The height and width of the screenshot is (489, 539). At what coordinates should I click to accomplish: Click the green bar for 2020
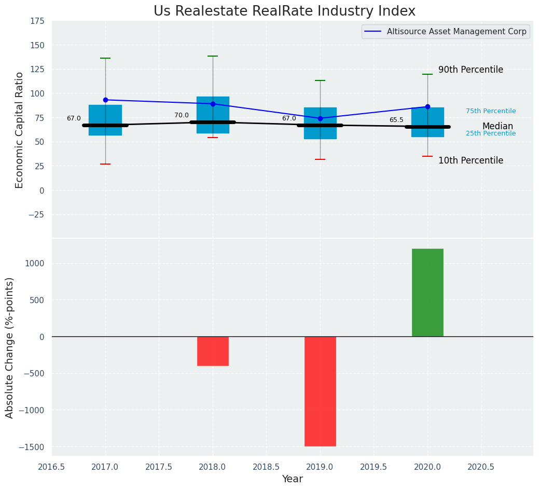pyautogui.click(x=427, y=293)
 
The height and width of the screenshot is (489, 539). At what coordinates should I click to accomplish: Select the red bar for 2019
pyautogui.click(x=320, y=391)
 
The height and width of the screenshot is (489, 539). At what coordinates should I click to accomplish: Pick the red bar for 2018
pyautogui.click(x=213, y=351)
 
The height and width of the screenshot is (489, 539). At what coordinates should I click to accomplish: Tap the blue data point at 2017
pyautogui.click(x=105, y=100)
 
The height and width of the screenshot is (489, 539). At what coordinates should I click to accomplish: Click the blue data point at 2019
pyautogui.click(x=321, y=119)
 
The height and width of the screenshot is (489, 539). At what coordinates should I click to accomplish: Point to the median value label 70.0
pyautogui.click(x=182, y=116)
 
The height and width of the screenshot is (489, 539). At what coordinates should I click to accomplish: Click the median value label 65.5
pyautogui.click(x=396, y=120)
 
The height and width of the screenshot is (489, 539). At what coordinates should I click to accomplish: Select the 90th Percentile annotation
pyautogui.click(x=471, y=70)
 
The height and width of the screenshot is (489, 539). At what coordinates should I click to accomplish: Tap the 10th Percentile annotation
pyautogui.click(x=471, y=160)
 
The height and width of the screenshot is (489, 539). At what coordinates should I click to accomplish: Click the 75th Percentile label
pyautogui.click(x=491, y=111)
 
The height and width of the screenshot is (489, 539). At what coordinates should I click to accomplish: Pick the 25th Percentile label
pyautogui.click(x=491, y=133)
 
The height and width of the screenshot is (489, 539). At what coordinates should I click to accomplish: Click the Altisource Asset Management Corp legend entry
pyautogui.click(x=446, y=32)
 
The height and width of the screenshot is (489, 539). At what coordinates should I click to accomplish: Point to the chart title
pyautogui.click(x=284, y=11)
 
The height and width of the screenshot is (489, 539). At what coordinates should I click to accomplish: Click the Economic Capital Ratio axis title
pyautogui.click(x=19, y=130)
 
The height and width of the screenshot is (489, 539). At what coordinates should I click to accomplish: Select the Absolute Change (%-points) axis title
pyautogui.click(x=10, y=348)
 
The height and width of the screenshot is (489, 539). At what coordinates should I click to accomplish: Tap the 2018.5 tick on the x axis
pyautogui.click(x=267, y=467)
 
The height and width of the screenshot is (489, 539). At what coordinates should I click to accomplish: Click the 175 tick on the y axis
pyautogui.click(x=38, y=21)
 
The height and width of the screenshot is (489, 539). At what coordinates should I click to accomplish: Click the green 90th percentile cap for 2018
pyautogui.click(x=213, y=56)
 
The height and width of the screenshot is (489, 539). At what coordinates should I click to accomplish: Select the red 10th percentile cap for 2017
pyautogui.click(x=105, y=164)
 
